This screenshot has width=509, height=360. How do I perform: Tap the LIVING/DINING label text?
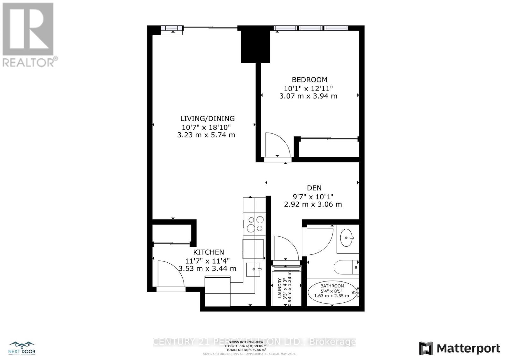pyautogui.click(x=207, y=119)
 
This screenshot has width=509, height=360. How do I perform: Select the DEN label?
pyautogui.click(x=314, y=188)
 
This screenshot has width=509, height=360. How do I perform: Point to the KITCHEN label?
pyautogui.click(x=209, y=252)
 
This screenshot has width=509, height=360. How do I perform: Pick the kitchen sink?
pyautogui.click(x=254, y=269)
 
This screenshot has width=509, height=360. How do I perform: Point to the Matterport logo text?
pyautogui.click(x=468, y=349)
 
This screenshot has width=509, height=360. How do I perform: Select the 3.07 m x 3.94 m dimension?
pyautogui.click(x=308, y=96)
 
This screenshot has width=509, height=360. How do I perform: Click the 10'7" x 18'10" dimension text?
pyautogui.click(x=206, y=127)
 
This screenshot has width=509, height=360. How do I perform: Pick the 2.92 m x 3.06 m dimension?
pyautogui.click(x=313, y=204)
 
